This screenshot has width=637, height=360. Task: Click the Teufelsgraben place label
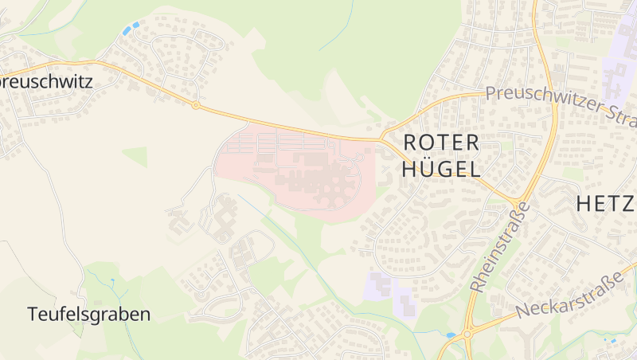[88, 314]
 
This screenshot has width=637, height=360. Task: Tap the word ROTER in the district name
[442, 143]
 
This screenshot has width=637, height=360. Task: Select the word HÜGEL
[442, 169]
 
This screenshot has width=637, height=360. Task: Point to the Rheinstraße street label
[500, 246]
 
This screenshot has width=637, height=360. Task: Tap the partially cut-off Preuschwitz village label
[46, 81]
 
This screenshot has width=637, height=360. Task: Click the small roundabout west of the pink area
[195, 104]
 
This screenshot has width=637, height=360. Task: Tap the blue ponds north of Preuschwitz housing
[130, 29]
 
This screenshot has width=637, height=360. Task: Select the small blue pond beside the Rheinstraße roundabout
[451, 335]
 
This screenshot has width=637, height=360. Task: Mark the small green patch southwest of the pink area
[135, 156]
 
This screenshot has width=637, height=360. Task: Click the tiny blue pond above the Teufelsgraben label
[115, 282]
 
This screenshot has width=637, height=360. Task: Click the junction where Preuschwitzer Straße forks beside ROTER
[385, 136]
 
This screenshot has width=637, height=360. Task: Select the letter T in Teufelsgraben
[33, 314]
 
